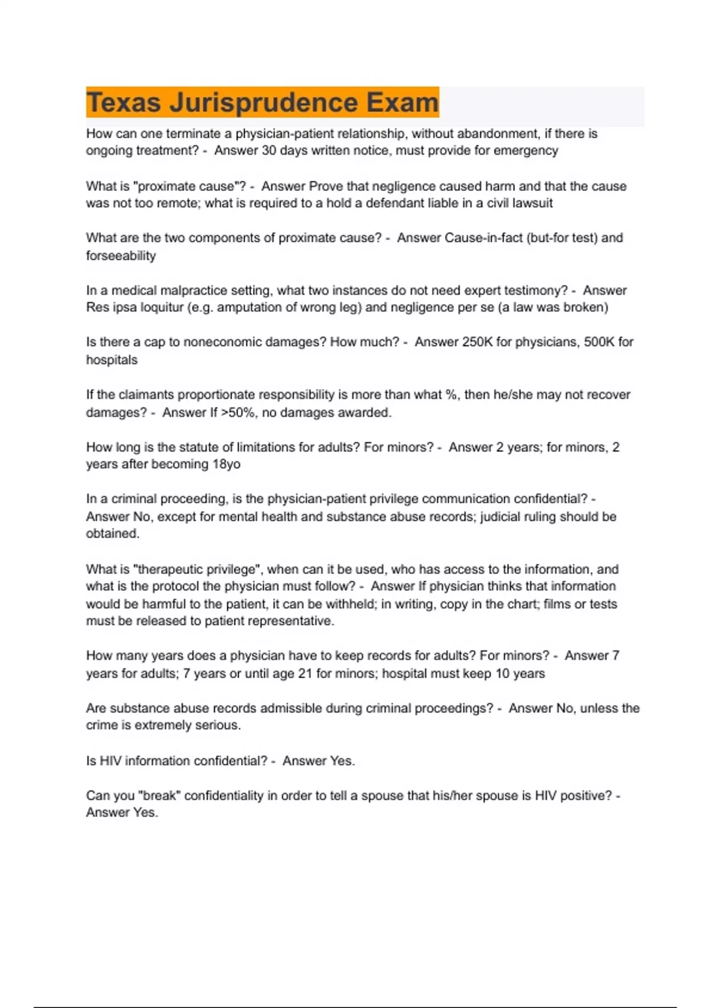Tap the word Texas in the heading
tap(124, 103)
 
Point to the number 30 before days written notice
tap(269, 151)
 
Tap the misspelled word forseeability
tap(121, 256)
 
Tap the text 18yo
tap(226, 464)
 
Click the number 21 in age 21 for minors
tap(305, 674)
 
